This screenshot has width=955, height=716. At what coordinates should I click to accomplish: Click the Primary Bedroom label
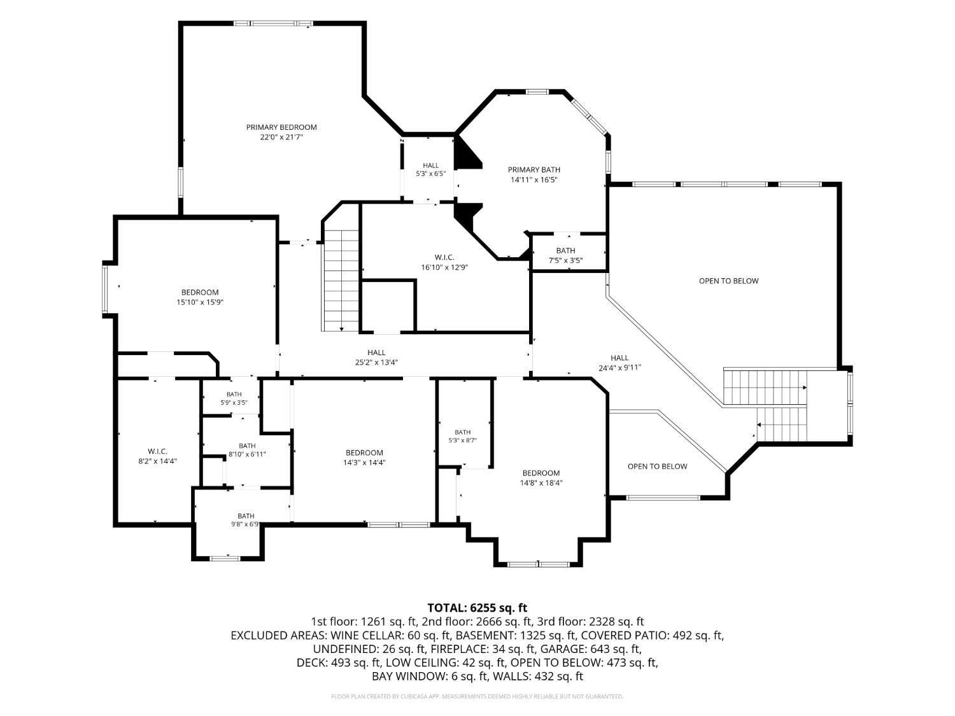[281, 127]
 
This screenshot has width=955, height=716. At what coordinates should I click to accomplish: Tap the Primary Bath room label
[534, 169]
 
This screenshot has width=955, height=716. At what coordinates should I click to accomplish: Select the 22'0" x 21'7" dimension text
[281, 137]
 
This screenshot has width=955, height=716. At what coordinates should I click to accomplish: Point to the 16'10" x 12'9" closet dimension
[444, 267]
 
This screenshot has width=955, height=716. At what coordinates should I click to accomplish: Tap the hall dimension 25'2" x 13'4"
[376, 362]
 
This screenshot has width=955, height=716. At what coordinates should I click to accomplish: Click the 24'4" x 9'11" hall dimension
[619, 367]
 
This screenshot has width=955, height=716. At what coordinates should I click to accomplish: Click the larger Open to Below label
[729, 281]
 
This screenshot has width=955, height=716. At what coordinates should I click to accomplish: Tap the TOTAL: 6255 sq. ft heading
[478, 607]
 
